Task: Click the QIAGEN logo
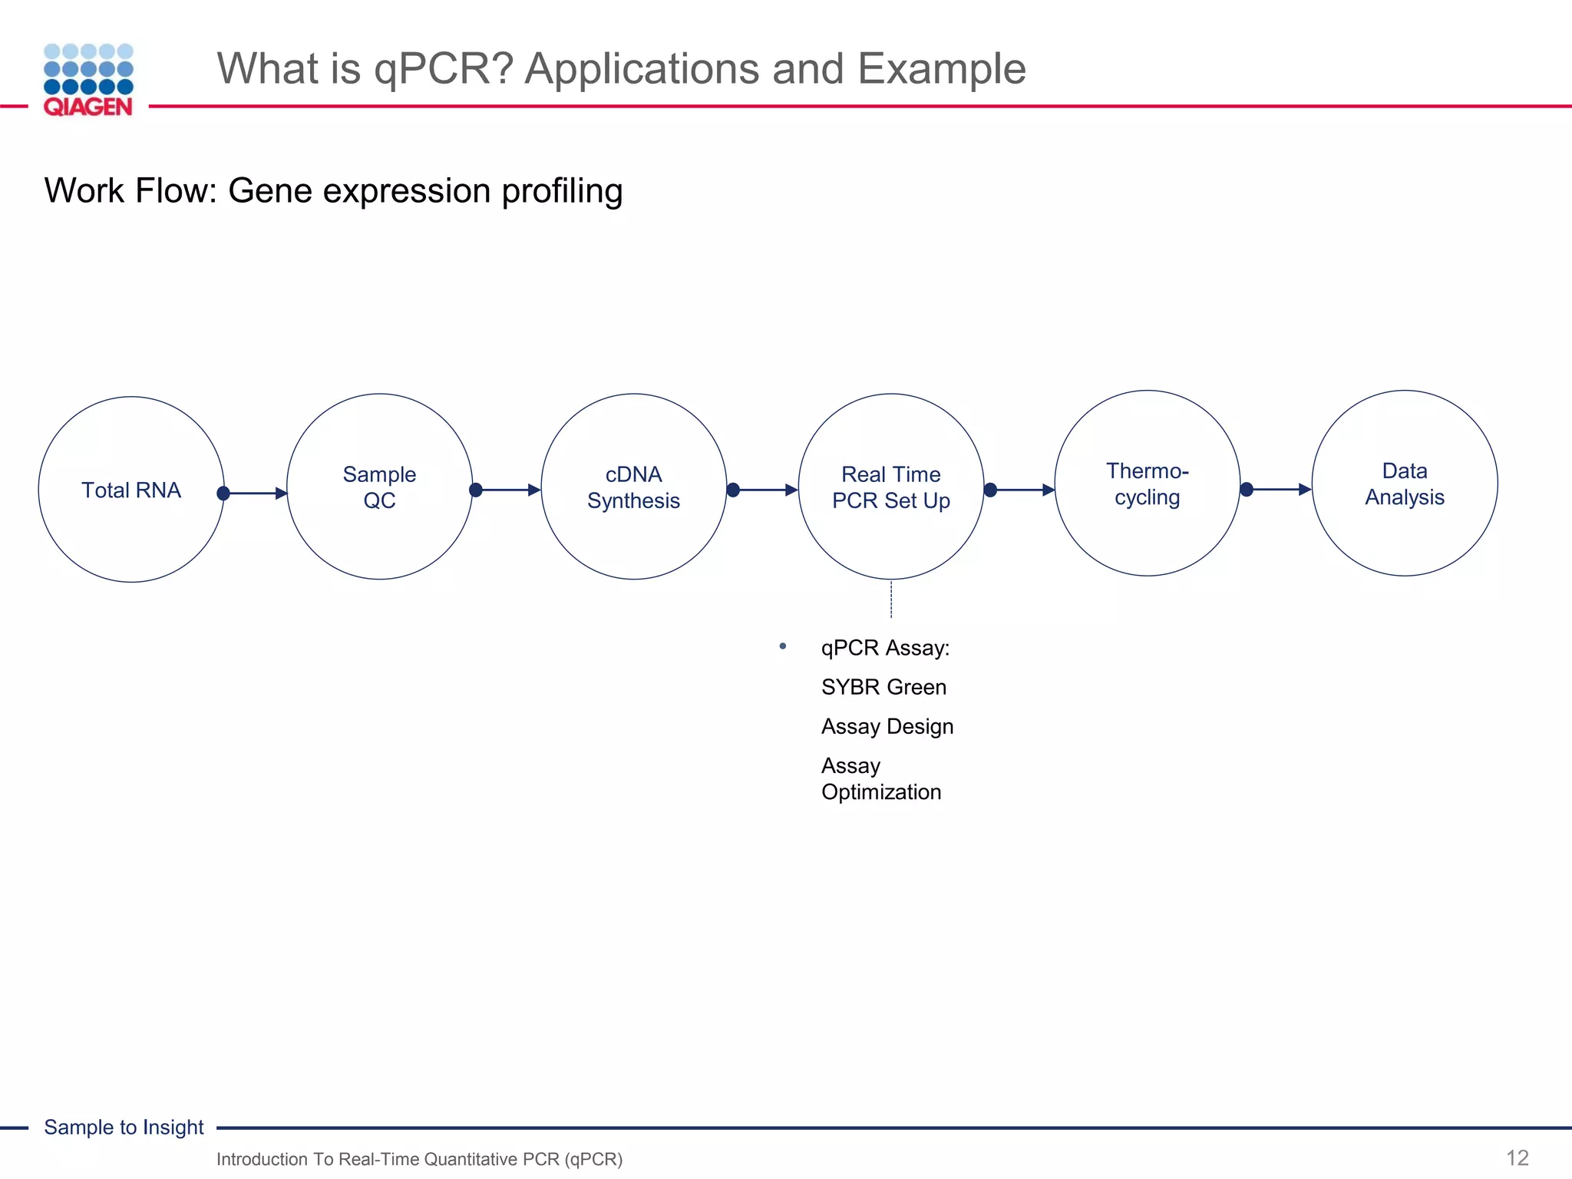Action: [x=88, y=80]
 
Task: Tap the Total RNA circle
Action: [x=131, y=490]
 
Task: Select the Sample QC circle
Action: [x=379, y=487]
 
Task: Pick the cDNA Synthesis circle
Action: [x=633, y=487]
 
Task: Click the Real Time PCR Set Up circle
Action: [x=890, y=487]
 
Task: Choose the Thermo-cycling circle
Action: [x=1147, y=484]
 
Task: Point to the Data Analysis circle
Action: [x=1404, y=484]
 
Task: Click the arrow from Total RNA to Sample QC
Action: [x=256, y=493]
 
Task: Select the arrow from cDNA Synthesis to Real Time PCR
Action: [x=765, y=490]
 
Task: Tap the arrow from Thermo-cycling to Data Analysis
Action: [x=1279, y=489]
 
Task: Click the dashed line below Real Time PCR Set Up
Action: [x=891, y=599]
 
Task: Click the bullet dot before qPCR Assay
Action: [x=782, y=646]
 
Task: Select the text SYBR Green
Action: [x=883, y=687]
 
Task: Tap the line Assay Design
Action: [x=887, y=726]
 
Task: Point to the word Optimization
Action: [x=881, y=792]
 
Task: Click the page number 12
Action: [x=1517, y=1158]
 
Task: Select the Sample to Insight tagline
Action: [x=124, y=1127]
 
